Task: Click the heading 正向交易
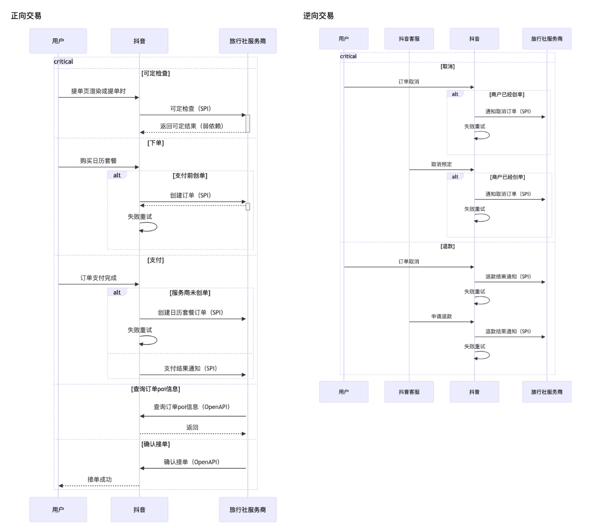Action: pyautogui.click(x=26, y=16)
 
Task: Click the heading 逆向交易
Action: pyautogui.click(x=319, y=16)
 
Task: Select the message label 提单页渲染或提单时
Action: pyautogui.click(x=99, y=91)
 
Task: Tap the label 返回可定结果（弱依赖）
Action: pyautogui.click(x=192, y=126)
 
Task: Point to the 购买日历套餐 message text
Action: pyautogui.click(x=99, y=160)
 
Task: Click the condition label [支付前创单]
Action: pyautogui.click(x=190, y=176)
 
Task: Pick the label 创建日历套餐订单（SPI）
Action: pyautogui.click(x=190, y=313)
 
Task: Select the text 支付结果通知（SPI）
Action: pyautogui.click(x=190, y=369)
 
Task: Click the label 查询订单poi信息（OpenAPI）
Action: pyautogui.click(x=192, y=407)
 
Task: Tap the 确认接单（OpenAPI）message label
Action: pyautogui.click(x=192, y=462)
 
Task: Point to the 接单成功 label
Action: pyautogui.click(x=100, y=479)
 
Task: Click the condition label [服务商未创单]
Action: pyautogui.click(x=190, y=293)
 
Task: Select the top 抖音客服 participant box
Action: pyautogui.click(x=409, y=39)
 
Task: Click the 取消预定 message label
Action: pyautogui.click(x=442, y=164)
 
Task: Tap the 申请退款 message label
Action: pyautogui.click(x=442, y=317)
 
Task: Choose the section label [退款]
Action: pyautogui.click(x=447, y=247)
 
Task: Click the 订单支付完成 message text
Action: pyautogui.click(x=99, y=278)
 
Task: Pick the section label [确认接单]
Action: pyautogui.click(x=155, y=444)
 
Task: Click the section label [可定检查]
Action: pyautogui.click(x=155, y=73)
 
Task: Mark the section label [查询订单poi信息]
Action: pyautogui.click(x=155, y=389)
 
